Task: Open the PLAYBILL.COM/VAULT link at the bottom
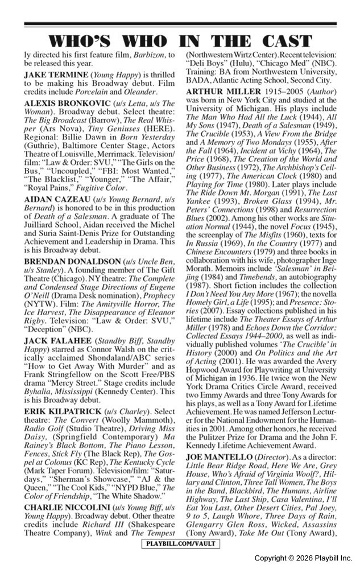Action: coord(180,543)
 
